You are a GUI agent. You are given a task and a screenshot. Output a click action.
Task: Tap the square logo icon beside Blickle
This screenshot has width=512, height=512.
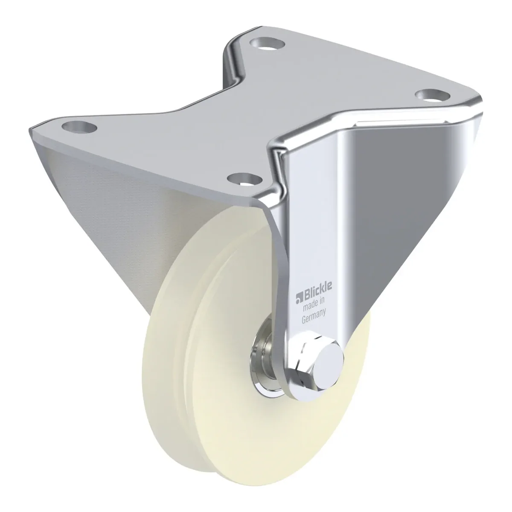pyautogui.click(x=298, y=300)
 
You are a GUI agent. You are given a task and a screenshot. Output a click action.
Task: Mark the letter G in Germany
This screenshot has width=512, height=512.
pyautogui.click(x=304, y=320)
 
